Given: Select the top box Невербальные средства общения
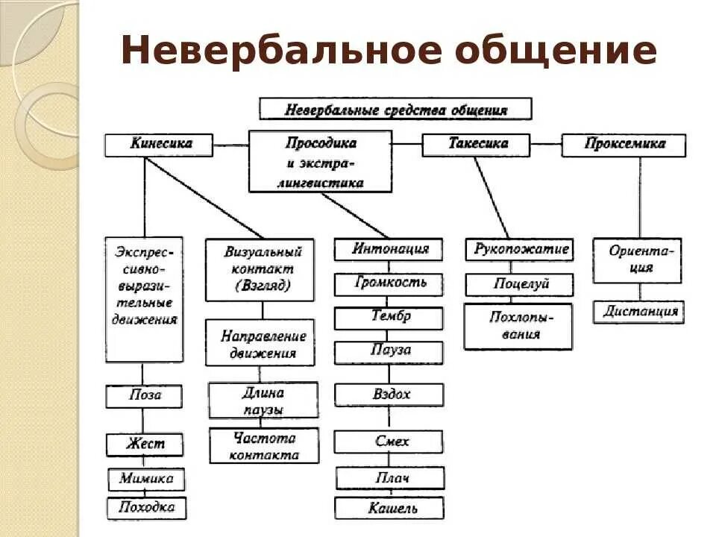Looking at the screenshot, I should click(x=395, y=109).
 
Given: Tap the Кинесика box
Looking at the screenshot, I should click(x=159, y=145).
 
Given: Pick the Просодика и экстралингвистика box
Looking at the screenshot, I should click(x=320, y=162).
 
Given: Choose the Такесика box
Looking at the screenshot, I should click(x=476, y=145).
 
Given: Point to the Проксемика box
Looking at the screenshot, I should click(x=624, y=145).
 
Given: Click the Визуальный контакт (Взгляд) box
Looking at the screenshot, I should click(x=260, y=269).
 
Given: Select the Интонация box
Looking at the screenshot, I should click(x=388, y=249).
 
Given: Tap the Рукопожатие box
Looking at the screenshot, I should click(x=519, y=249).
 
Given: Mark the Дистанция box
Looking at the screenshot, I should click(x=638, y=312).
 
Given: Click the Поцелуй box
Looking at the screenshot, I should click(x=519, y=284).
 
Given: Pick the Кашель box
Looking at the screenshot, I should click(x=389, y=509).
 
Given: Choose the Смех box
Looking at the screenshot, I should click(x=389, y=442).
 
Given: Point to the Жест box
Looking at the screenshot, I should click(x=145, y=445).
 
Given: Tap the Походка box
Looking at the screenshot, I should click(x=146, y=509).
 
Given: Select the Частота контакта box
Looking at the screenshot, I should click(x=264, y=445).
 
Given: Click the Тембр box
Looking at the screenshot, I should click(x=389, y=317).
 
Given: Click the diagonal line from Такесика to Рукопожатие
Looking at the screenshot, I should click(x=492, y=198).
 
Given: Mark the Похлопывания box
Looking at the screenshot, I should click(x=518, y=326).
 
